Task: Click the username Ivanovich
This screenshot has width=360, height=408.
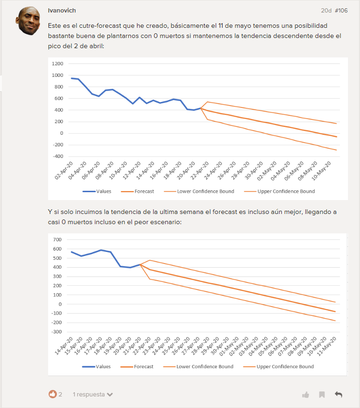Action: (62, 10)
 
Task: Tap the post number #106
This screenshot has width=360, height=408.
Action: (341, 10)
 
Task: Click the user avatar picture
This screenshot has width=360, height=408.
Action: (28, 20)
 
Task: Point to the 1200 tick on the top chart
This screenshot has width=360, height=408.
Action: (57, 64)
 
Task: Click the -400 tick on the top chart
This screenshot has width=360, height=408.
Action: (58, 157)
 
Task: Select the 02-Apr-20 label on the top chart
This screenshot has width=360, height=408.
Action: (64, 170)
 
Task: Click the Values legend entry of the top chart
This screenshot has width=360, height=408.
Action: (97, 191)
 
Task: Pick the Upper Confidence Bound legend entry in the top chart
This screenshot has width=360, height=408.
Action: (279, 191)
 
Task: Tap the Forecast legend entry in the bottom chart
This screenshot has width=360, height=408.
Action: (137, 367)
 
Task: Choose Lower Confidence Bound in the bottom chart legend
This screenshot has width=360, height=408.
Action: (199, 367)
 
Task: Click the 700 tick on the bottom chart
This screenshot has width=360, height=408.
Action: (57, 239)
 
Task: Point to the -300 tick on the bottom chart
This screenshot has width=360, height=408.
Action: (56, 332)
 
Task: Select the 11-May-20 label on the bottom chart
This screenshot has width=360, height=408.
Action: (327, 346)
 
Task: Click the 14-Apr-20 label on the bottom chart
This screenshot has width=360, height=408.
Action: (64, 346)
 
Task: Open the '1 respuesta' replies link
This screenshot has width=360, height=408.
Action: (93, 395)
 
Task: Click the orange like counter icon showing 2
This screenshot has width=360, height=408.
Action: (52, 394)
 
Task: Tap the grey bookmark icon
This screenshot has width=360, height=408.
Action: (322, 395)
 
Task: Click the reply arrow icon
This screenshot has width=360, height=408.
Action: (338, 395)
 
